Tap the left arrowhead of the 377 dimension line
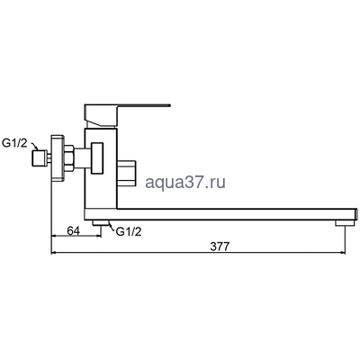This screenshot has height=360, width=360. pos(54,253)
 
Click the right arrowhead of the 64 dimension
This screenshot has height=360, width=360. pos(90,238)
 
